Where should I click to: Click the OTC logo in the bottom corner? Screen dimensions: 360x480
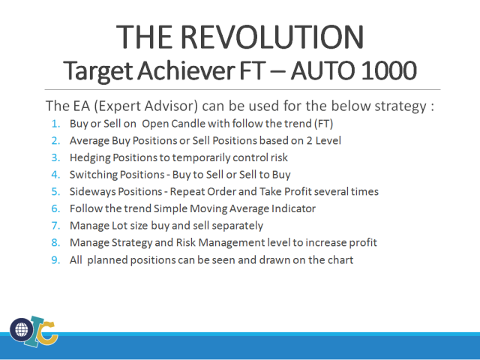tap(34, 331)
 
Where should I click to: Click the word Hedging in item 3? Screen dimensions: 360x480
tap(89, 157)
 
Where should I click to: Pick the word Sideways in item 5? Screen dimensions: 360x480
tap(91, 191)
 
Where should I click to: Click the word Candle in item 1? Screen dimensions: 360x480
tap(190, 123)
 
